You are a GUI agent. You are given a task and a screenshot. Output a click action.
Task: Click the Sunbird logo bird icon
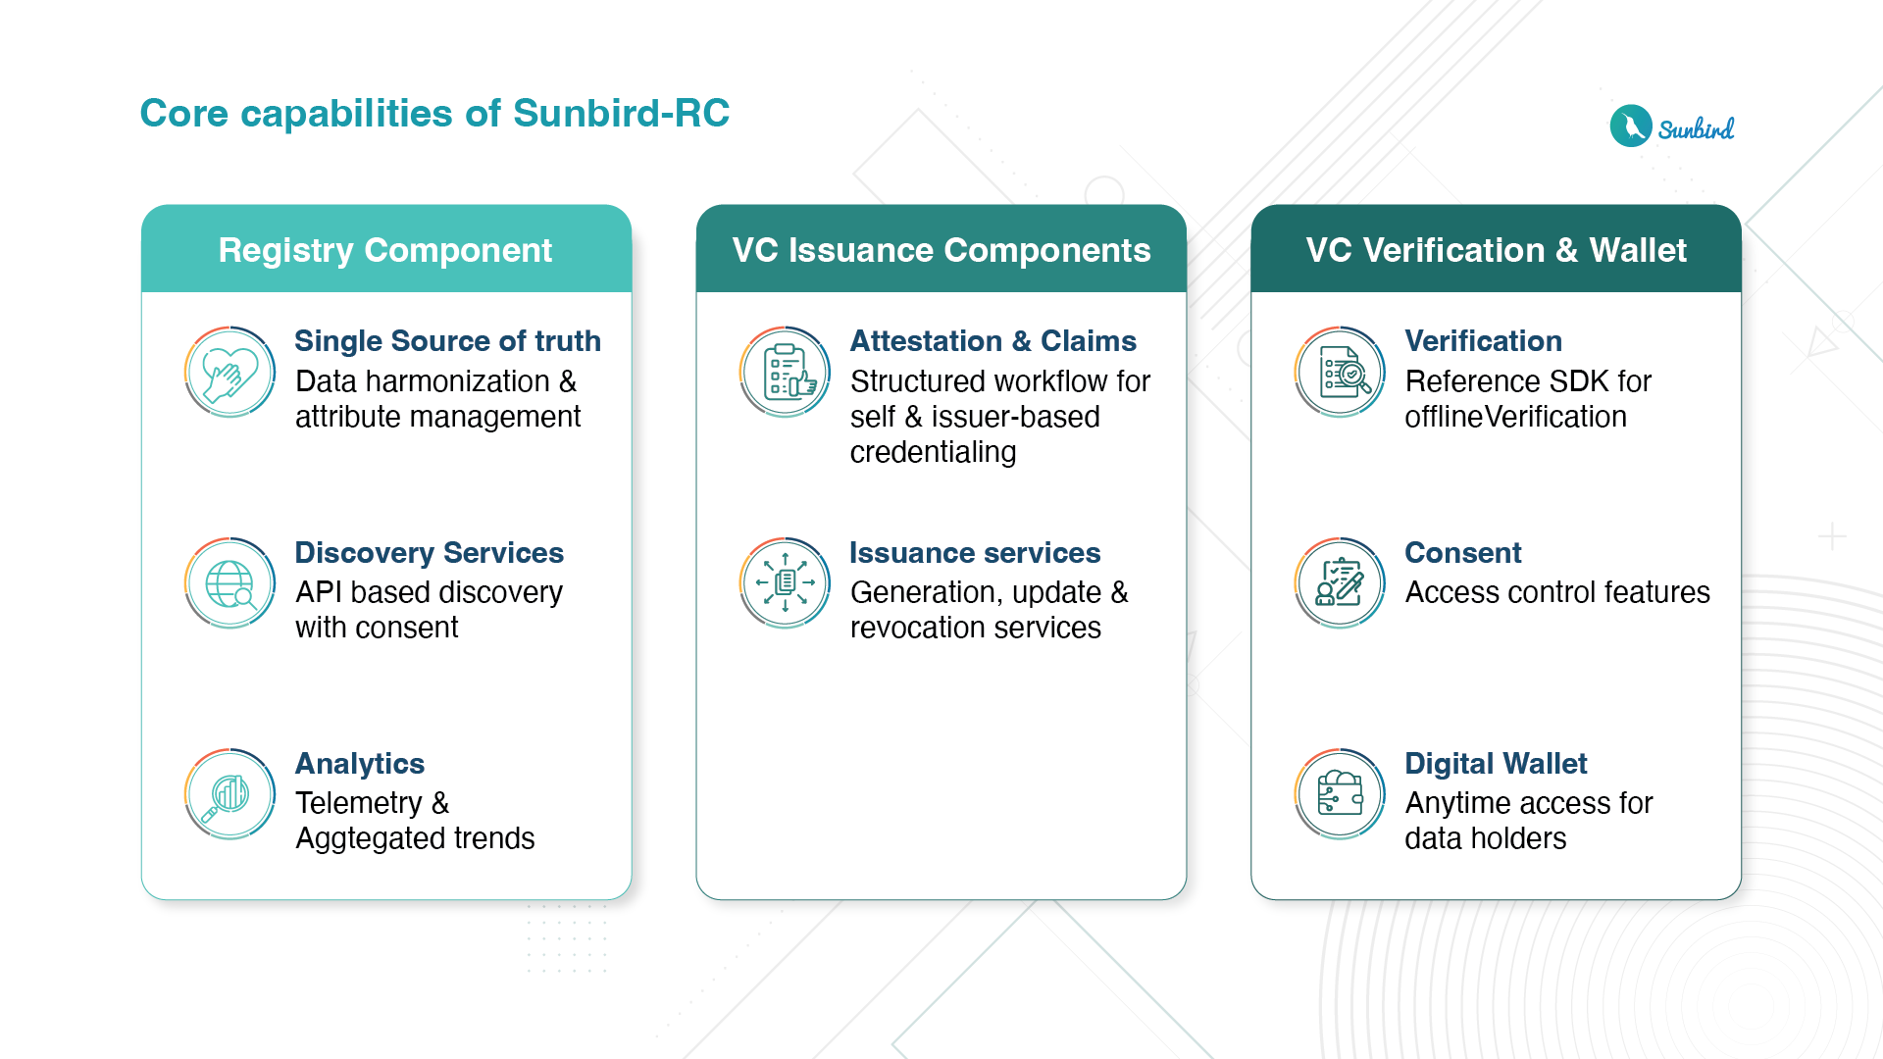1631,126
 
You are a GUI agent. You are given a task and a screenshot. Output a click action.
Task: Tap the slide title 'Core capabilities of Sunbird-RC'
434,113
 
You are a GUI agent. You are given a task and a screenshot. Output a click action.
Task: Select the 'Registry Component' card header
385,250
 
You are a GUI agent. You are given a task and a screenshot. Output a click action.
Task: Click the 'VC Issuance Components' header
941,250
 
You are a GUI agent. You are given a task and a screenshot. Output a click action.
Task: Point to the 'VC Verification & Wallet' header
1496,250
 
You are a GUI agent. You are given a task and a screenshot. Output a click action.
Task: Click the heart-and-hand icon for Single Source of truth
229,373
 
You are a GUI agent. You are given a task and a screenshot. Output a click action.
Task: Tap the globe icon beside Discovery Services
229,583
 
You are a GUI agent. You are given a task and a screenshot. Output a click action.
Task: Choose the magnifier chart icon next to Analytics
229,794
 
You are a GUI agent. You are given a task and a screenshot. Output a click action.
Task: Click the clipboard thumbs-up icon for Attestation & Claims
786,373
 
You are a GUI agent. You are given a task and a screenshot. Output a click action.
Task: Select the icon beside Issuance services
786,583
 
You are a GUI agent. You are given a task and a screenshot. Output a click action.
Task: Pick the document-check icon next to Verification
1340,373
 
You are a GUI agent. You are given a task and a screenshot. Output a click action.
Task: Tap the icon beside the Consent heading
1340,583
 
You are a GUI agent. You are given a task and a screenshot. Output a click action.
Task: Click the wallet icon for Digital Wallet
1340,794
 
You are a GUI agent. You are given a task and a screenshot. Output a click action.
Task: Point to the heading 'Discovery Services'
429,553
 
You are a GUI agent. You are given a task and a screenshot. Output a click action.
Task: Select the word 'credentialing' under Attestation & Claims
933,452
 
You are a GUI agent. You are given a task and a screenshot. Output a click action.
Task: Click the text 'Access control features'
1557,592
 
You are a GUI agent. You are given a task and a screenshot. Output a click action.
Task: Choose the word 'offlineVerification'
1515,417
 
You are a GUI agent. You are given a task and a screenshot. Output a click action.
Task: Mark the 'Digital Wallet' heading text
1496,764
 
